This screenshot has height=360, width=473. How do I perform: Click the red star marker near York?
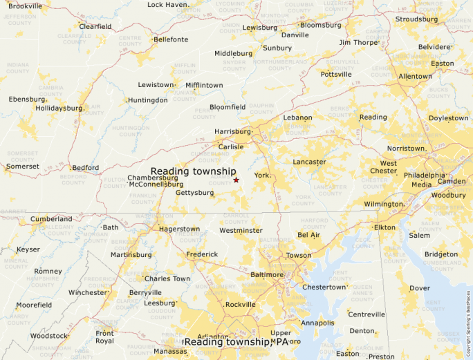click(x=236, y=180)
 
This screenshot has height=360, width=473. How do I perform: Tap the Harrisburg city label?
click(x=233, y=131)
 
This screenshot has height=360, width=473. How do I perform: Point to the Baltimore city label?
click(x=267, y=274)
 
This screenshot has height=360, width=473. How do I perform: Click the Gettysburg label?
click(x=194, y=193)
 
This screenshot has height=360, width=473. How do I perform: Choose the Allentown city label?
click(x=415, y=76)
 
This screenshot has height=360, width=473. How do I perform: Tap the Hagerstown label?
click(x=179, y=229)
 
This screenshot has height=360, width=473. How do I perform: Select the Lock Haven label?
click(x=167, y=5)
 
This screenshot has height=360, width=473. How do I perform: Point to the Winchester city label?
click(x=87, y=292)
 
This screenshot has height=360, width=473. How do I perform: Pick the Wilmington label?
click(x=384, y=205)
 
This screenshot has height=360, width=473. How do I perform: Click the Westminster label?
click(x=241, y=230)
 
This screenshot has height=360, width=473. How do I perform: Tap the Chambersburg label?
click(x=153, y=178)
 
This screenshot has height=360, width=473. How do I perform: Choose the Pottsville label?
click(x=336, y=74)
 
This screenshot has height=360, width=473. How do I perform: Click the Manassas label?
click(x=170, y=352)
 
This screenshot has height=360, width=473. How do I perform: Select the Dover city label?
click(x=420, y=288)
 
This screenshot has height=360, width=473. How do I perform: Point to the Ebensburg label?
click(x=27, y=100)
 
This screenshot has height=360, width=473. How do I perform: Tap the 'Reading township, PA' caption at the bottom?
click(x=237, y=342)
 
